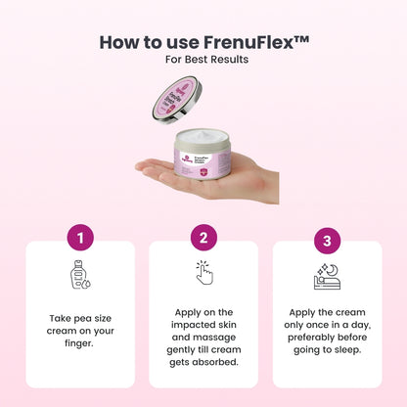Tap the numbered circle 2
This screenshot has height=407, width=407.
point(203,238)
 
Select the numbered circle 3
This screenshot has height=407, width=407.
point(328,240)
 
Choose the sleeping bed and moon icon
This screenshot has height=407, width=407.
point(327,277)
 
